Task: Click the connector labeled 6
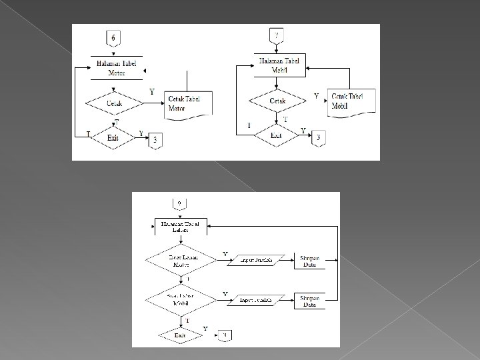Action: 113,38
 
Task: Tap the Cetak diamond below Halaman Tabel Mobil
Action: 278,100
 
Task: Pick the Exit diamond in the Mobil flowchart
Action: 276,135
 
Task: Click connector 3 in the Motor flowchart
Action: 155,140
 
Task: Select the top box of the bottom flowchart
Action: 180,227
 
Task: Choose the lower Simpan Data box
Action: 309,301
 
